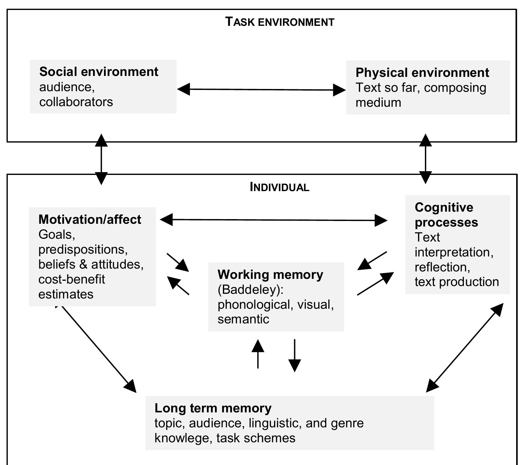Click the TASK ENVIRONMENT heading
pyautogui.click(x=280, y=22)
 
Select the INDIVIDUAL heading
pyautogui.click(x=279, y=187)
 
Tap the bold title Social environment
pyautogui.click(x=99, y=72)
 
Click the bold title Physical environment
pyautogui.click(x=422, y=73)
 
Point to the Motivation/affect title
pyautogui.click(x=90, y=219)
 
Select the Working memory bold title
pyautogui.click(x=270, y=275)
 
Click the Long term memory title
pyautogui.click(x=213, y=408)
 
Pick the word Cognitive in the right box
pyautogui.click(x=444, y=207)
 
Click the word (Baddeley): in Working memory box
pyautogui.click(x=251, y=289)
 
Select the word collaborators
pyautogui.click(x=76, y=102)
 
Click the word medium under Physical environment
pyautogui.click(x=378, y=102)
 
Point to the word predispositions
pyautogui.click(x=83, y=249)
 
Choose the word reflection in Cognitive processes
pyautogui.click(x=442, y=267)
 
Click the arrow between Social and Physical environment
pyautogui.click(x=261, y=90)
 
